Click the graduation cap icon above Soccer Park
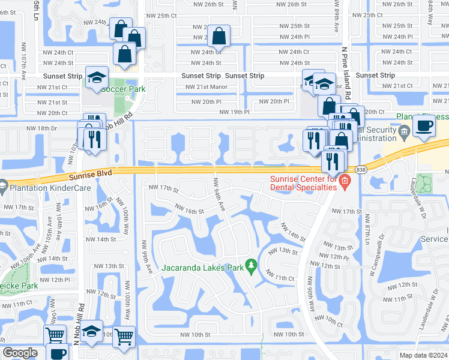pos(97,77)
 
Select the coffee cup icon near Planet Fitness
pos(425,126)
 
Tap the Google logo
pos(20,353)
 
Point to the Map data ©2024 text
pos(424,355)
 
